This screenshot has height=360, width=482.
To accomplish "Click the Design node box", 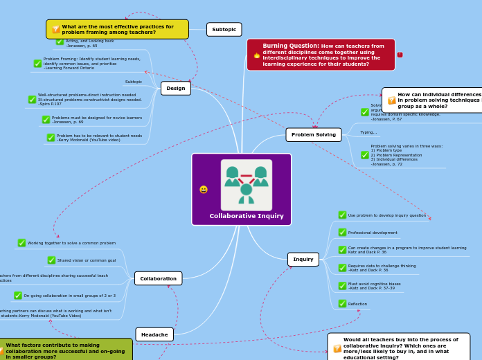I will (175, 88).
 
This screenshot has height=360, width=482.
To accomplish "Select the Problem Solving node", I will (313, 134).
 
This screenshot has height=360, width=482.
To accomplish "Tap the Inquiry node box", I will (303, 259).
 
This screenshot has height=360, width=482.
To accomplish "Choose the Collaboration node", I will (158, 278).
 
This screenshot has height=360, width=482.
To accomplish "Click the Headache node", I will (154, 334).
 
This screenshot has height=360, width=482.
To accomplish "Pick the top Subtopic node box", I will (224, 29).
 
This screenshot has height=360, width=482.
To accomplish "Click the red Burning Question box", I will (321, 55).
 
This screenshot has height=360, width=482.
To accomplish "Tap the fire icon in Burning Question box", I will (256, 55).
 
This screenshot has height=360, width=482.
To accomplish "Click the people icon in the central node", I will (246, 185).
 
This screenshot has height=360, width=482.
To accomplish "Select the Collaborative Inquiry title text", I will (247, 216).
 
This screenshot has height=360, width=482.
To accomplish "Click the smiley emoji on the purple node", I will (203, 189).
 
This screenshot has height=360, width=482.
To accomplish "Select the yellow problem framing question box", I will (117, 29).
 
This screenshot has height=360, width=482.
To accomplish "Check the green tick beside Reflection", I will (342, 303).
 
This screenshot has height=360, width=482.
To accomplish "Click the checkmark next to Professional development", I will (342, 232).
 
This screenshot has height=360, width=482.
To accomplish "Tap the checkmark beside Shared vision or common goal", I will (51, 260).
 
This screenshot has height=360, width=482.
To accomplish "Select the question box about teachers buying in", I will (399, 348).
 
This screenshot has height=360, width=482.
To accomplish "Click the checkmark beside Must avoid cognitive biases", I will (342, 285).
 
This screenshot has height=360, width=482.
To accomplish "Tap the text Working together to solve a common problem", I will (71, 243).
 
